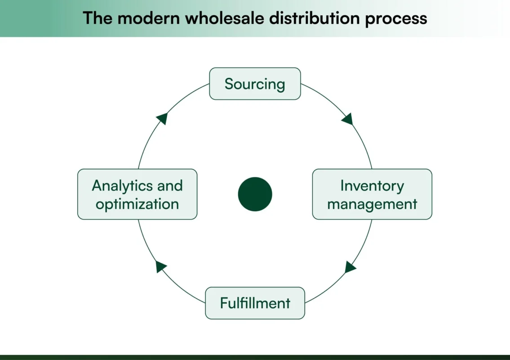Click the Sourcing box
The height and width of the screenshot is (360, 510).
[255, 84]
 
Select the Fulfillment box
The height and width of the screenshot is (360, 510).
[255, 303]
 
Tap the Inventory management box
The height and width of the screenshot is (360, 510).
[372, 194]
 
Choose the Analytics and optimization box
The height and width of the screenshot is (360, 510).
[137, 194]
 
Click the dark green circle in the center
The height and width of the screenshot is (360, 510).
[255, 194]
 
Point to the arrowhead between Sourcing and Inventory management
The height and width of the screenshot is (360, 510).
[347, 119]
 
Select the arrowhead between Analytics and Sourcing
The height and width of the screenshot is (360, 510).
[162, 118]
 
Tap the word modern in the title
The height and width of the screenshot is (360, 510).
[139, 18]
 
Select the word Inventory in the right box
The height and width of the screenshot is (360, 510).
[372, 185]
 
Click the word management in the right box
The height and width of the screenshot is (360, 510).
[372, 204]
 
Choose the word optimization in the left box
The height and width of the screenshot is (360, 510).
[137, 204]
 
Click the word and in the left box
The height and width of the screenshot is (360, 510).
[170, 185]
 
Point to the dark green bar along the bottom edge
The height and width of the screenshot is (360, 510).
[255, 357]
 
